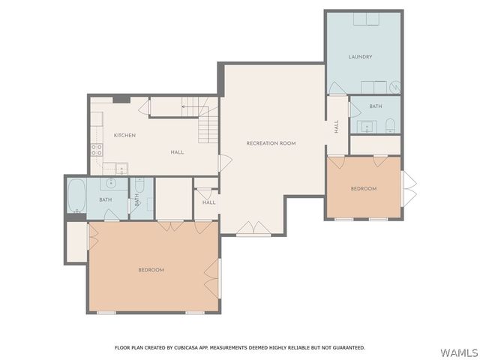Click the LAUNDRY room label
coord(360,57)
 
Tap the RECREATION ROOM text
coord(271,142)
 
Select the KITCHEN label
coord(124,135)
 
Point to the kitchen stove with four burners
coord(97,149)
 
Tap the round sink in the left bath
coord(111,183)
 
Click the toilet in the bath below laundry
coord(390,125)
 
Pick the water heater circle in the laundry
coord(394,88)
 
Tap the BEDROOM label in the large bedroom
coord(151,270)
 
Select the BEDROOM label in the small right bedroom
coord(364,188)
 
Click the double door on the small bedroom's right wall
coord(409,188)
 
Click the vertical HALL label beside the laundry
coord(337,127)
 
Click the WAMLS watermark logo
coord(458,352)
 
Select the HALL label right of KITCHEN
coord(177,152)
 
